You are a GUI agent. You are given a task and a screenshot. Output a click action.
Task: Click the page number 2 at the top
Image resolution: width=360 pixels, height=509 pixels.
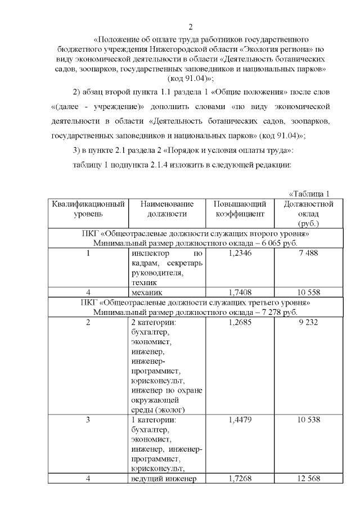coord(191,26)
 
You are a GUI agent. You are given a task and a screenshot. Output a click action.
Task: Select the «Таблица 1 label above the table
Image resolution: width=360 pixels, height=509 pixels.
coord(309,194)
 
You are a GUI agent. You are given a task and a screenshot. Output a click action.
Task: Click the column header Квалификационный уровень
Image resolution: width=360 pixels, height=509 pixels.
coord(88,209)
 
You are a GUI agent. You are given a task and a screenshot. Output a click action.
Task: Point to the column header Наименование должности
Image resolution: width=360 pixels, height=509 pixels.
coord(166,209)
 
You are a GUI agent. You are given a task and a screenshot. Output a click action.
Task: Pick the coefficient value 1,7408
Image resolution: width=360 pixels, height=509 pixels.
coord(242,292)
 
